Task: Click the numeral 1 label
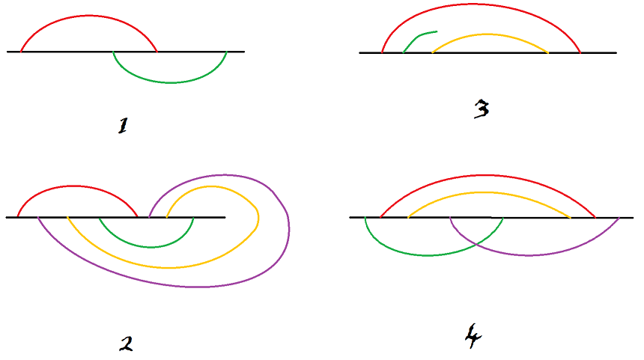pos(123,126)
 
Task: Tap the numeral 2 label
pos(126,344)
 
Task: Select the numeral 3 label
pos(482,110)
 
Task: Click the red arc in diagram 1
pos(88,15)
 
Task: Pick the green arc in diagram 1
pos(171,82)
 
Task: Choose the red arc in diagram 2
pos(75,186)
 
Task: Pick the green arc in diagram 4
pos(427,255)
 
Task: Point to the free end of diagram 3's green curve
pos(437,31)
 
